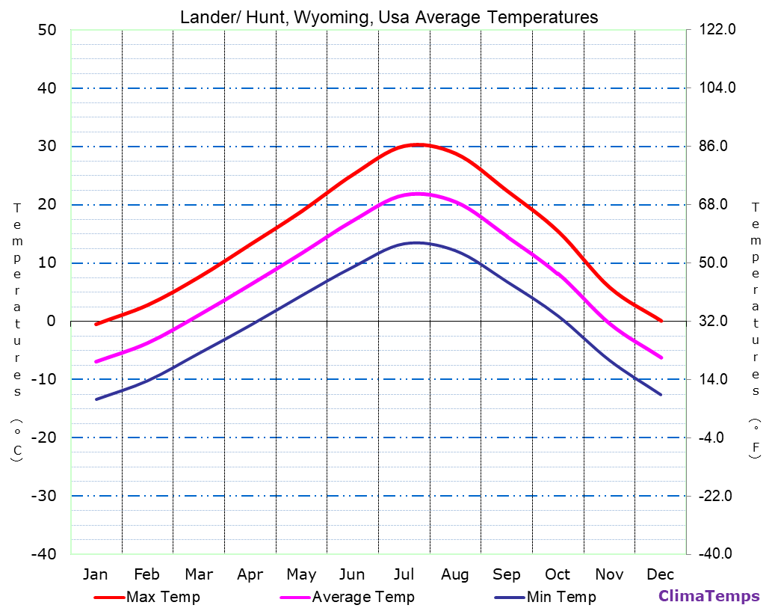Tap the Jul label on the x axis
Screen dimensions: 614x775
(x=404, y=574)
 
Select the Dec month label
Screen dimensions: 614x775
(x=661, y=574)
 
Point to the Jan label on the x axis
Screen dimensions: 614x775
(x=95, y=574)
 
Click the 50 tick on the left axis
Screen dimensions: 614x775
(x=46, y=30)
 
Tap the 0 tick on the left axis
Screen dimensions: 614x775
(x=51, y=321)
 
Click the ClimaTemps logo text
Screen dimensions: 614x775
(x=708, y=596)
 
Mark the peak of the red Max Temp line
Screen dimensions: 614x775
(x=417, y=144)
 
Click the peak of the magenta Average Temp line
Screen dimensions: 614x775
(x=417, y=194)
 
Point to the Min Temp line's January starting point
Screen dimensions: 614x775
(x=96, y=399)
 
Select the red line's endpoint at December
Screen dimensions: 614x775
(x=661, y=321)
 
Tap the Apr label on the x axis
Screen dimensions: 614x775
(x=250, y=574)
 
